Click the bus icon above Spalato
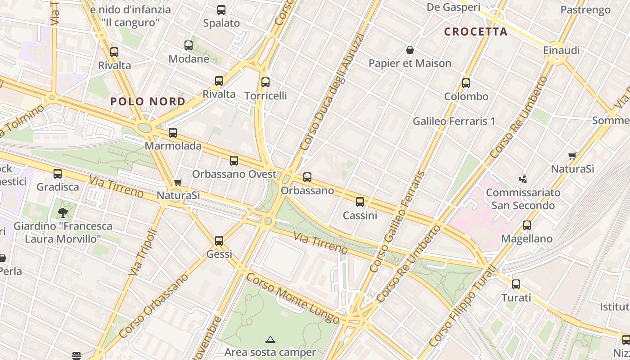pyautogui.click(x=221, y=10)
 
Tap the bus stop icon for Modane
pyautogui.click(x=189, y=45)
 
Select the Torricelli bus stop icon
pyautogui.click(x=265, y=82)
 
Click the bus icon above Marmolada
pyautogui.click(x=173, y=133)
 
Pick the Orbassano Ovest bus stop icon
pyautogui.click(x=234, y=161)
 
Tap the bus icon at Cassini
pyautogui.click(x=360, y=202)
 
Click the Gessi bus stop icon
pyautogui.click(x=219, y=241)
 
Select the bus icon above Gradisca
pyautogui.click(x=58, y=174)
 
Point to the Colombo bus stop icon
pyautogui.click(x=466, y=83)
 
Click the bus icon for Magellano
pyautogui.click(x=527, y=225)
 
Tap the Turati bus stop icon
pyautogui.click(x=516, y=284)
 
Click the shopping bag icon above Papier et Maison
pyautogui.click(x=410, y=50)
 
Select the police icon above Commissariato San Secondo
pyautogui.click(x=523, y=179)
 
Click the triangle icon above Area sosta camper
pyautogui.click(x=270, y=339)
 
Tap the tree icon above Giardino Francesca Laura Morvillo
pyautogui.click(x=63, y=212)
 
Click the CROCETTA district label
pyautogui.click(x=476, y=31)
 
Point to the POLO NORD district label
pyautogui.click(x=148, y=101)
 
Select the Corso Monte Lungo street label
pyautogui.click(x=292, y=298)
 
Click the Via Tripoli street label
pyautogui.click(x=141, y=252)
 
